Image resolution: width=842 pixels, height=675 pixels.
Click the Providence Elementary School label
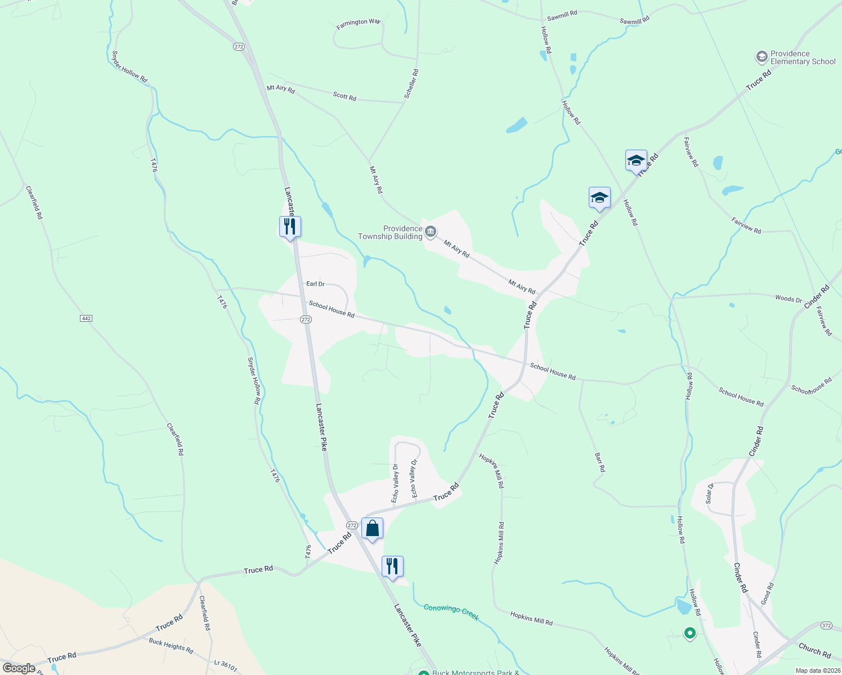point(803,58)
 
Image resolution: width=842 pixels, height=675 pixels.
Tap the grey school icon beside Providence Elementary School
point(762,57)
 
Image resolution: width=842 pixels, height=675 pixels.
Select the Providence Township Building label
point(391,232)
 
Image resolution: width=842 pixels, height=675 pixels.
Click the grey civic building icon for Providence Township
point(431,232)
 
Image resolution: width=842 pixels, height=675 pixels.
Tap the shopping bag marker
point(372,529)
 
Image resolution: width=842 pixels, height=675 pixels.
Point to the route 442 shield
point(86,318)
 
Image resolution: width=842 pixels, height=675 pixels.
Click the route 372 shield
point(826,625)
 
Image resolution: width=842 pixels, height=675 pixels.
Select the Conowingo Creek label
point(451,612)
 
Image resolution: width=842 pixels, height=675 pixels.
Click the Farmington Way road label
point(359,23)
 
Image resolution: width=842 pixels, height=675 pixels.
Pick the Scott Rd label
point(344,97)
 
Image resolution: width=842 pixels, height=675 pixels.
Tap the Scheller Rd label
point(412,84)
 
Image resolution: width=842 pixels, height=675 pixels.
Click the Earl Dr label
point(315,284)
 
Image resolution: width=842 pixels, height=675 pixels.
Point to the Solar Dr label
point(710,493)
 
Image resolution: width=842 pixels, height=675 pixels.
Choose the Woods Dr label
point(788,299)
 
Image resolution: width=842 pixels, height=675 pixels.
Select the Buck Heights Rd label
point(171,646)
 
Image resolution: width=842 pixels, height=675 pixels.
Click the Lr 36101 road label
point(225,666)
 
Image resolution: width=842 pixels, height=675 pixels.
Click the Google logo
point(19,668)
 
